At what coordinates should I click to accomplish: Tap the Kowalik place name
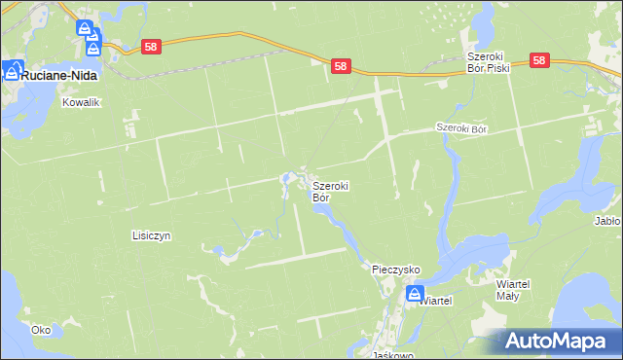82,101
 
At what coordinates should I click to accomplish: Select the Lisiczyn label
151,235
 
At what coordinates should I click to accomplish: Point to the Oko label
40,330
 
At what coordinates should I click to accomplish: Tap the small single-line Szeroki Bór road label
460,128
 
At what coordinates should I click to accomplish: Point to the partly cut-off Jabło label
607,221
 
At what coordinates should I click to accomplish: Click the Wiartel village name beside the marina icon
437,301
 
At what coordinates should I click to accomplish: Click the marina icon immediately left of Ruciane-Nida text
12,70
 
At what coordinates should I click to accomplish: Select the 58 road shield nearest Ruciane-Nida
151,46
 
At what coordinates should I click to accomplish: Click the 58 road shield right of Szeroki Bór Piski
541,60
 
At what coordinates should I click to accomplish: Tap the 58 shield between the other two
340,65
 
